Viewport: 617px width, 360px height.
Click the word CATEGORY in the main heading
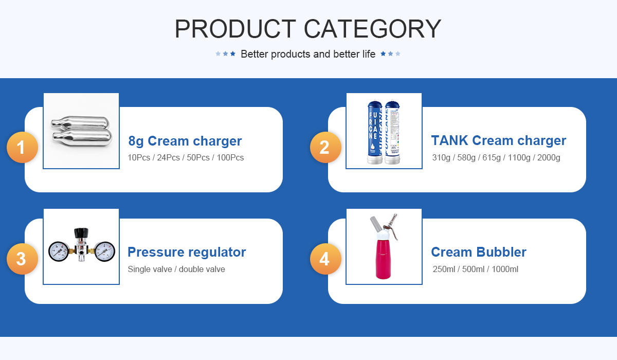pos(372,29)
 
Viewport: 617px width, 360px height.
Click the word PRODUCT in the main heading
pos(235,29)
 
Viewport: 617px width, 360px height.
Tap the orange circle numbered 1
pos(22,147)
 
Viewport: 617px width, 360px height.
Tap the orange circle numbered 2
pos(325,147)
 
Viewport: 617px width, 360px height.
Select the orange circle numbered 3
pos(22,259)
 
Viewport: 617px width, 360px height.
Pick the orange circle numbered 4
pos(325,259)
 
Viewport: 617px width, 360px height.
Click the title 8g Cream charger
pos(185,141)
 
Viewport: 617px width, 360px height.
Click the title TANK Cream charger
pos(499,140)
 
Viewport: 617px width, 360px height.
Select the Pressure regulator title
pos(187,252)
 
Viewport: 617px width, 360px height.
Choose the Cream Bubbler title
pos(479,252)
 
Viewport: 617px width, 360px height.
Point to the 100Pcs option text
pos(230,157)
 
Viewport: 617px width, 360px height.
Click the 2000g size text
pos(549,157)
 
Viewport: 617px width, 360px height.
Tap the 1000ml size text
pos(505,269)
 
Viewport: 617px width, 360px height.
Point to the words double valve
pos(202,269)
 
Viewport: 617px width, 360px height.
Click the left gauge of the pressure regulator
pos(59,251)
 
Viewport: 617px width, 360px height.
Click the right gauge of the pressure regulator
pos(105,251)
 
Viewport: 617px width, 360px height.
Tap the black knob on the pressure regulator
pos(81,232)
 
